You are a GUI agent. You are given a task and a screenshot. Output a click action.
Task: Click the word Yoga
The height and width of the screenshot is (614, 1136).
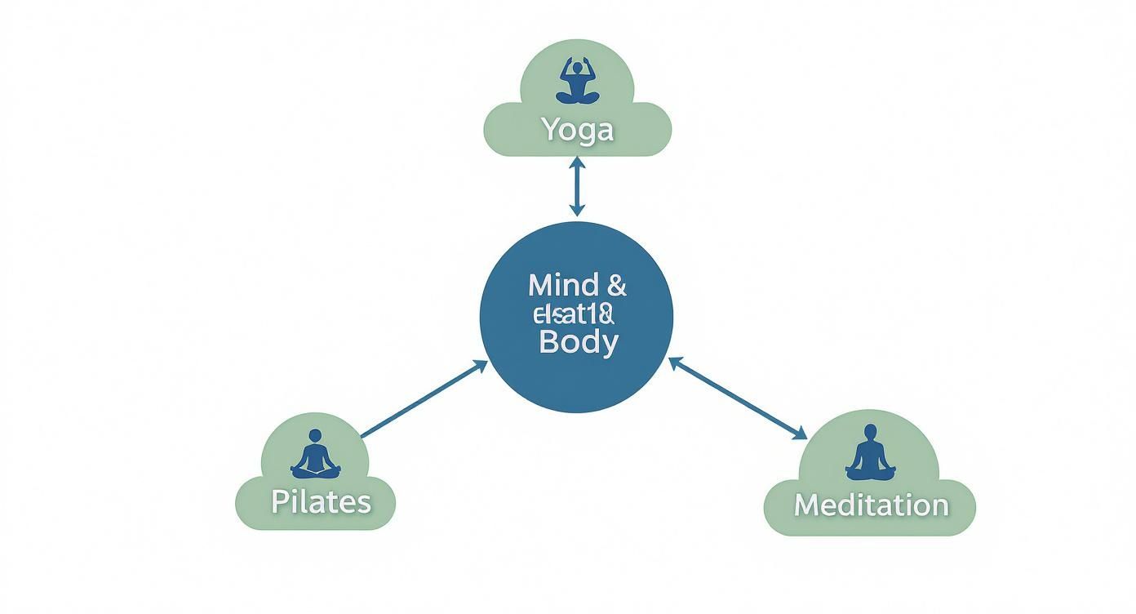(577, 129)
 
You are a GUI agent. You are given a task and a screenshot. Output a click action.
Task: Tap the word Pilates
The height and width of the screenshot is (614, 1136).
(321, 501)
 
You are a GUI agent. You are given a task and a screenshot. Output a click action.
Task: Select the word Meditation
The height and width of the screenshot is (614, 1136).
(871, 505)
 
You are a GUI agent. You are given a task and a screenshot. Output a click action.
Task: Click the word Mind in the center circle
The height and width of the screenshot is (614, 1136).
(557, 286)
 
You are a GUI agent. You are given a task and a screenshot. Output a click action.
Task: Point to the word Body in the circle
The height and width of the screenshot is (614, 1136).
(578, 341)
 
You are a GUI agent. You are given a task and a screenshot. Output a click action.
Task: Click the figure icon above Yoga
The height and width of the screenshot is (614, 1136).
(577, 82)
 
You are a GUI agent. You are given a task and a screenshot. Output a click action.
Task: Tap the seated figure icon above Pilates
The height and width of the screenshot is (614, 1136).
(314, 456)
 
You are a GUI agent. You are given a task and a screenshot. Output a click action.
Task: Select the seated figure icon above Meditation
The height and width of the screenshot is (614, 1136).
(870, 453)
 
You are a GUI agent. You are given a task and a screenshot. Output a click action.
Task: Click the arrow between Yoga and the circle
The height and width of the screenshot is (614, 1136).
(577, 187)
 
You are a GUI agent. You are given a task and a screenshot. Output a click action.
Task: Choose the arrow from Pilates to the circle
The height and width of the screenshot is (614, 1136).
(423, 400)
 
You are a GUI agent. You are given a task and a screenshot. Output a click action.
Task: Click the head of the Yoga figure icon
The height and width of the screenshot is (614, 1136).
(578, 65)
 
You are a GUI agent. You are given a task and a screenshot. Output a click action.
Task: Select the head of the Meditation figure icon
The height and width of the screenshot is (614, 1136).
(870, 432)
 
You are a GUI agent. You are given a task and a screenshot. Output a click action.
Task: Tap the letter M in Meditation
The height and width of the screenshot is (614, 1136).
(806, 505)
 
